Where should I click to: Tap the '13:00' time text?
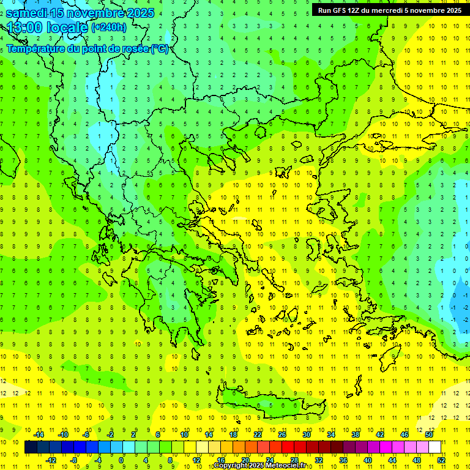[23, 28]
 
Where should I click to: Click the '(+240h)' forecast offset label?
[109, 27]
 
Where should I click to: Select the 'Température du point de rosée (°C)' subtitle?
[87, 48]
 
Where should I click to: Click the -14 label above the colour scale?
[39, 435]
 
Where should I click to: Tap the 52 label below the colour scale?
[441, 460]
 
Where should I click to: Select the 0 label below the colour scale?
[121, 460]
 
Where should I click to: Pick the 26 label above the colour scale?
[282, 435]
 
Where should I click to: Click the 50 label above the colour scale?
[429, 435]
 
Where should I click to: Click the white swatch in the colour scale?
[435, 447]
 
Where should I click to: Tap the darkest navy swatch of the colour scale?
[31, 447]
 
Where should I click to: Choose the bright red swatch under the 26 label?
[288, 447]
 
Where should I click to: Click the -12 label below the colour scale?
[51, 460]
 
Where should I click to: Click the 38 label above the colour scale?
[356, 435]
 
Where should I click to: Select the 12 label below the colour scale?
[196, 460]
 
